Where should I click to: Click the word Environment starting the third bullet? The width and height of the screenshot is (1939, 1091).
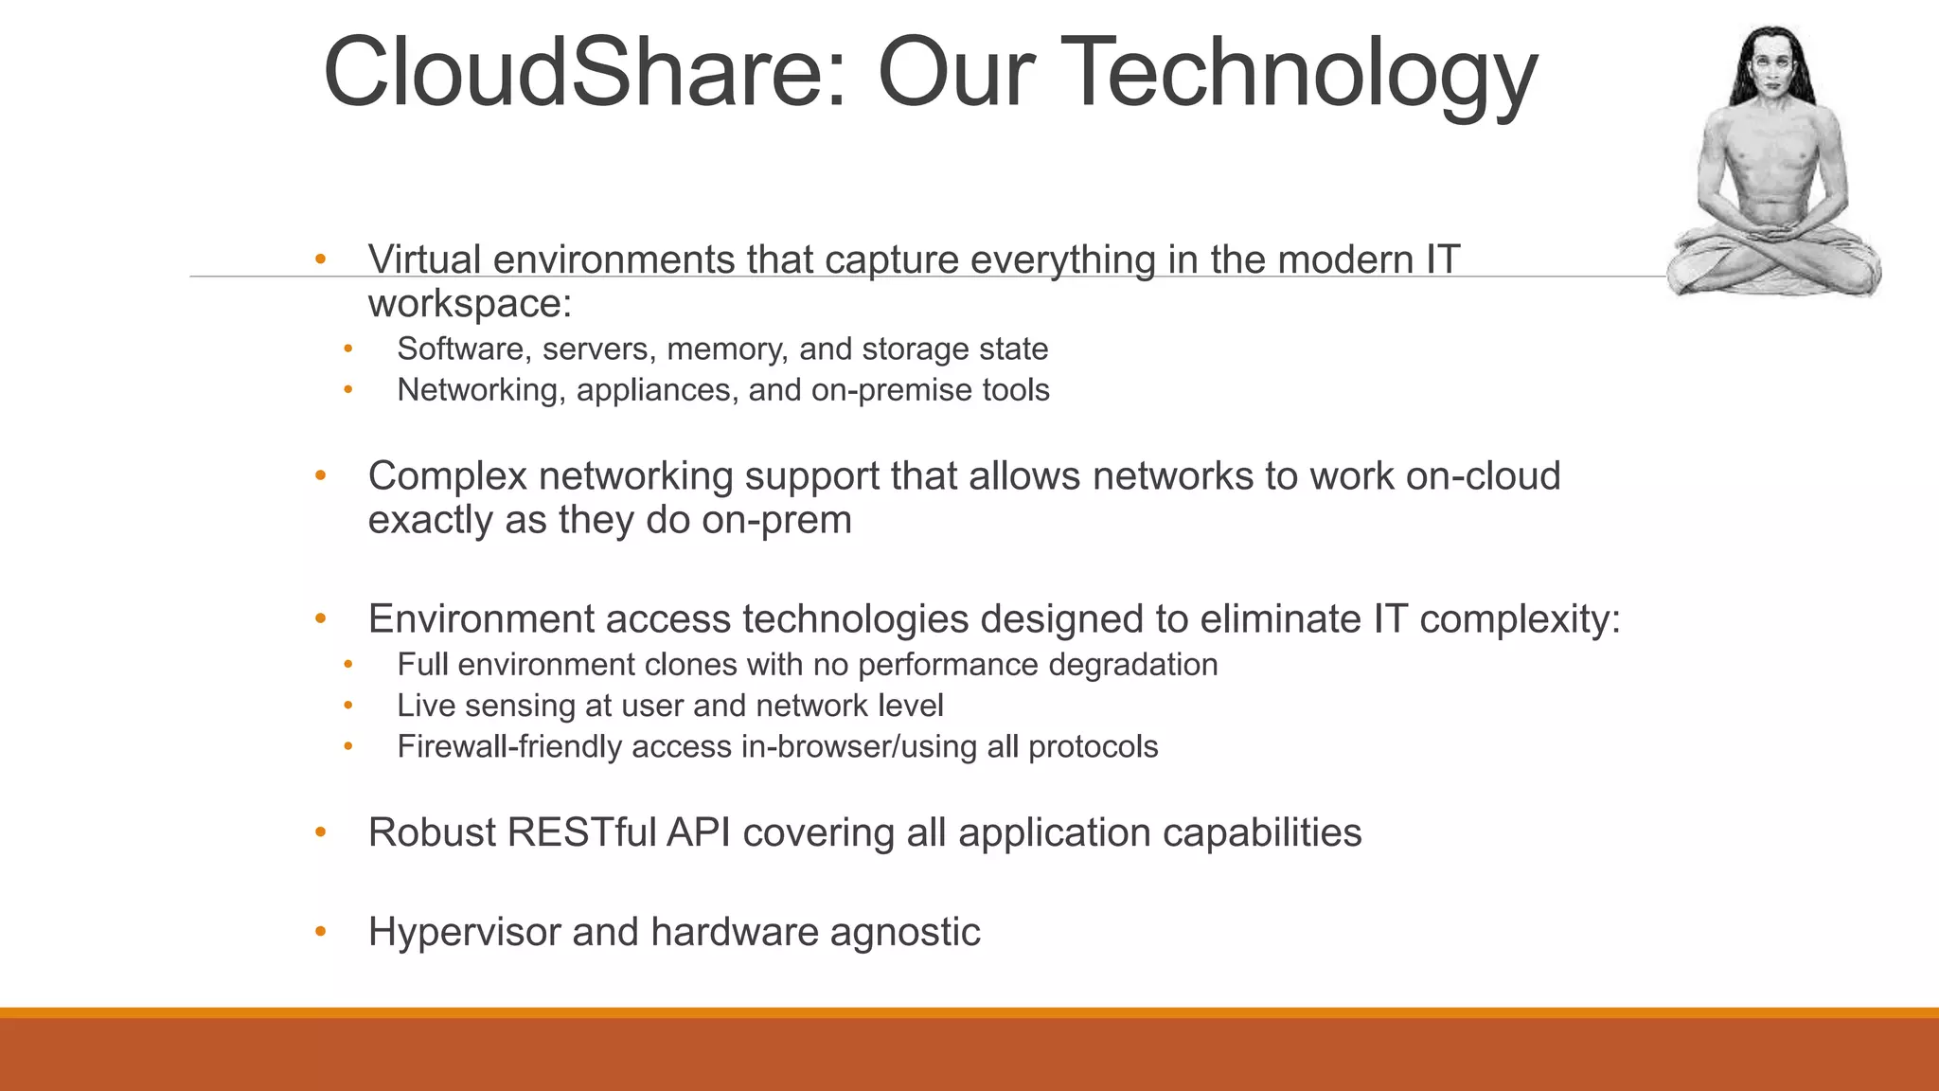481,619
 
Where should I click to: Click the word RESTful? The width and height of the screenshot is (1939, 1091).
581,833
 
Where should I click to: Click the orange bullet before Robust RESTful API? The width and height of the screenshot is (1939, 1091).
321,833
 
